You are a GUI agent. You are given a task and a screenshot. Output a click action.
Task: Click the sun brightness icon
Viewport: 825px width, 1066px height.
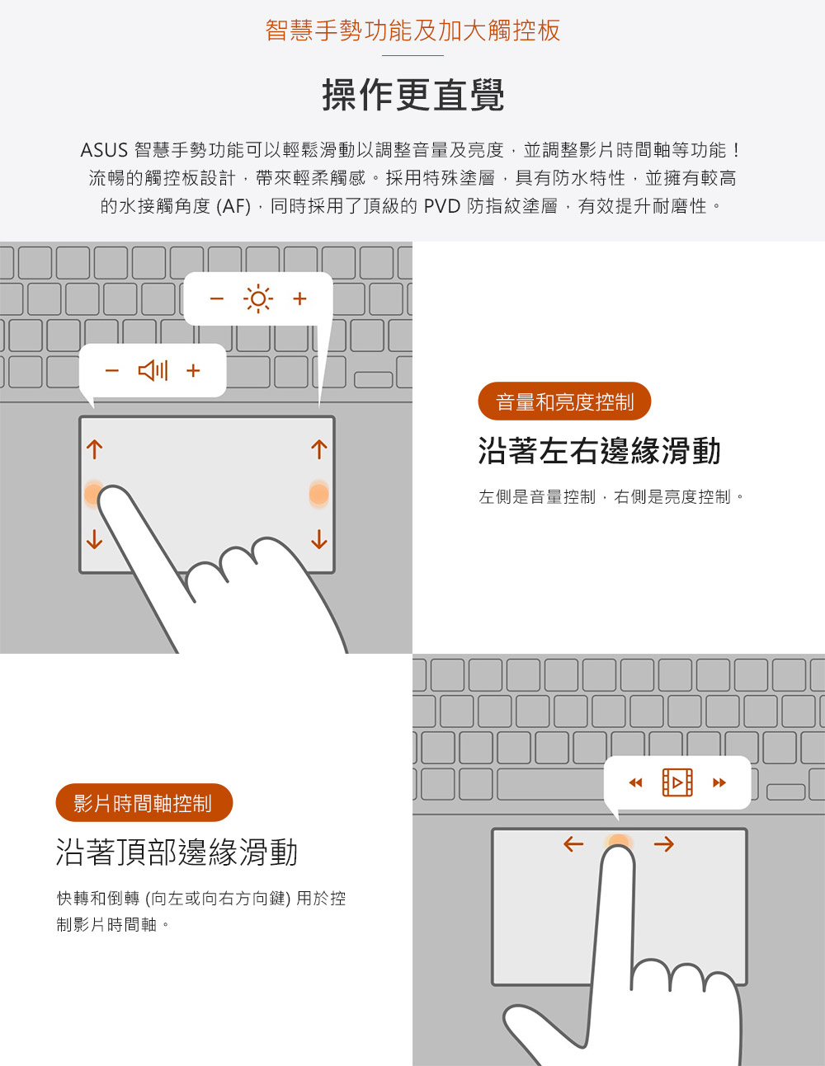258,298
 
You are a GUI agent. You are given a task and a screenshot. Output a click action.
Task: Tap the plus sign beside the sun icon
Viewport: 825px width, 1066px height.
299,298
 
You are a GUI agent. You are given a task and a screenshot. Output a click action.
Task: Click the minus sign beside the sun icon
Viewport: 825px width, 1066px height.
216,298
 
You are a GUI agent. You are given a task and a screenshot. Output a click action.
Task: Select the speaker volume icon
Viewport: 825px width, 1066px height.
153,370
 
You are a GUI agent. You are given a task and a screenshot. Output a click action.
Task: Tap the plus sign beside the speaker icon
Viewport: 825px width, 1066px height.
193,370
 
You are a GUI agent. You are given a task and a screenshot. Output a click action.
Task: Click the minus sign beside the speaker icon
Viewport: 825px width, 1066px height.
112,370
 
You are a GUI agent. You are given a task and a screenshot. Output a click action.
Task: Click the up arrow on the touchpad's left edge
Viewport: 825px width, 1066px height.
95,449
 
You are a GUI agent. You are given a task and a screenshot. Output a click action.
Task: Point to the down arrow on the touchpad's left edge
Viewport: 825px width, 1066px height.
95,538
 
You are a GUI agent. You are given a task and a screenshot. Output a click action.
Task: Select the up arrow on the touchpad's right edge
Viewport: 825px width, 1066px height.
319,449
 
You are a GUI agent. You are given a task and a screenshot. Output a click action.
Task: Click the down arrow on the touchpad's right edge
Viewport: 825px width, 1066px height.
319,538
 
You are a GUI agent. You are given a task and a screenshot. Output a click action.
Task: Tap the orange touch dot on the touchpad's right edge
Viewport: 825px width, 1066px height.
319,494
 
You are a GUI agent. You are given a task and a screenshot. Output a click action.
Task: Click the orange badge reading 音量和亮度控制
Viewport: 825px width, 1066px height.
564,402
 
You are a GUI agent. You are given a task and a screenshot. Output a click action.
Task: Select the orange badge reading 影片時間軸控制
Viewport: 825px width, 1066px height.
144,803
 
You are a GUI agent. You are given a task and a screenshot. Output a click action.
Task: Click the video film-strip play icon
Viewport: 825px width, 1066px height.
677,782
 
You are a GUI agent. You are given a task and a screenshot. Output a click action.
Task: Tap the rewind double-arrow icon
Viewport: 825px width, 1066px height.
635,782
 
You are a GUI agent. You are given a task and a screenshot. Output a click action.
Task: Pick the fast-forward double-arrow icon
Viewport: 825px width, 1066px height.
719,782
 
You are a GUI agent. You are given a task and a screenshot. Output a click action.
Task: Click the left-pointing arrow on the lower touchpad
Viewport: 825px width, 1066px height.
573,844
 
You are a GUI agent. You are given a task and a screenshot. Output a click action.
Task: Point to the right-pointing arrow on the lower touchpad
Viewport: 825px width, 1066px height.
664,844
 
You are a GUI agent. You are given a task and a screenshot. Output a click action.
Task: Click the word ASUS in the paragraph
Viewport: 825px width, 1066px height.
104,150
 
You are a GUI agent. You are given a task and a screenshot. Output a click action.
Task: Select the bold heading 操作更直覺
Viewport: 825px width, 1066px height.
412,95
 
